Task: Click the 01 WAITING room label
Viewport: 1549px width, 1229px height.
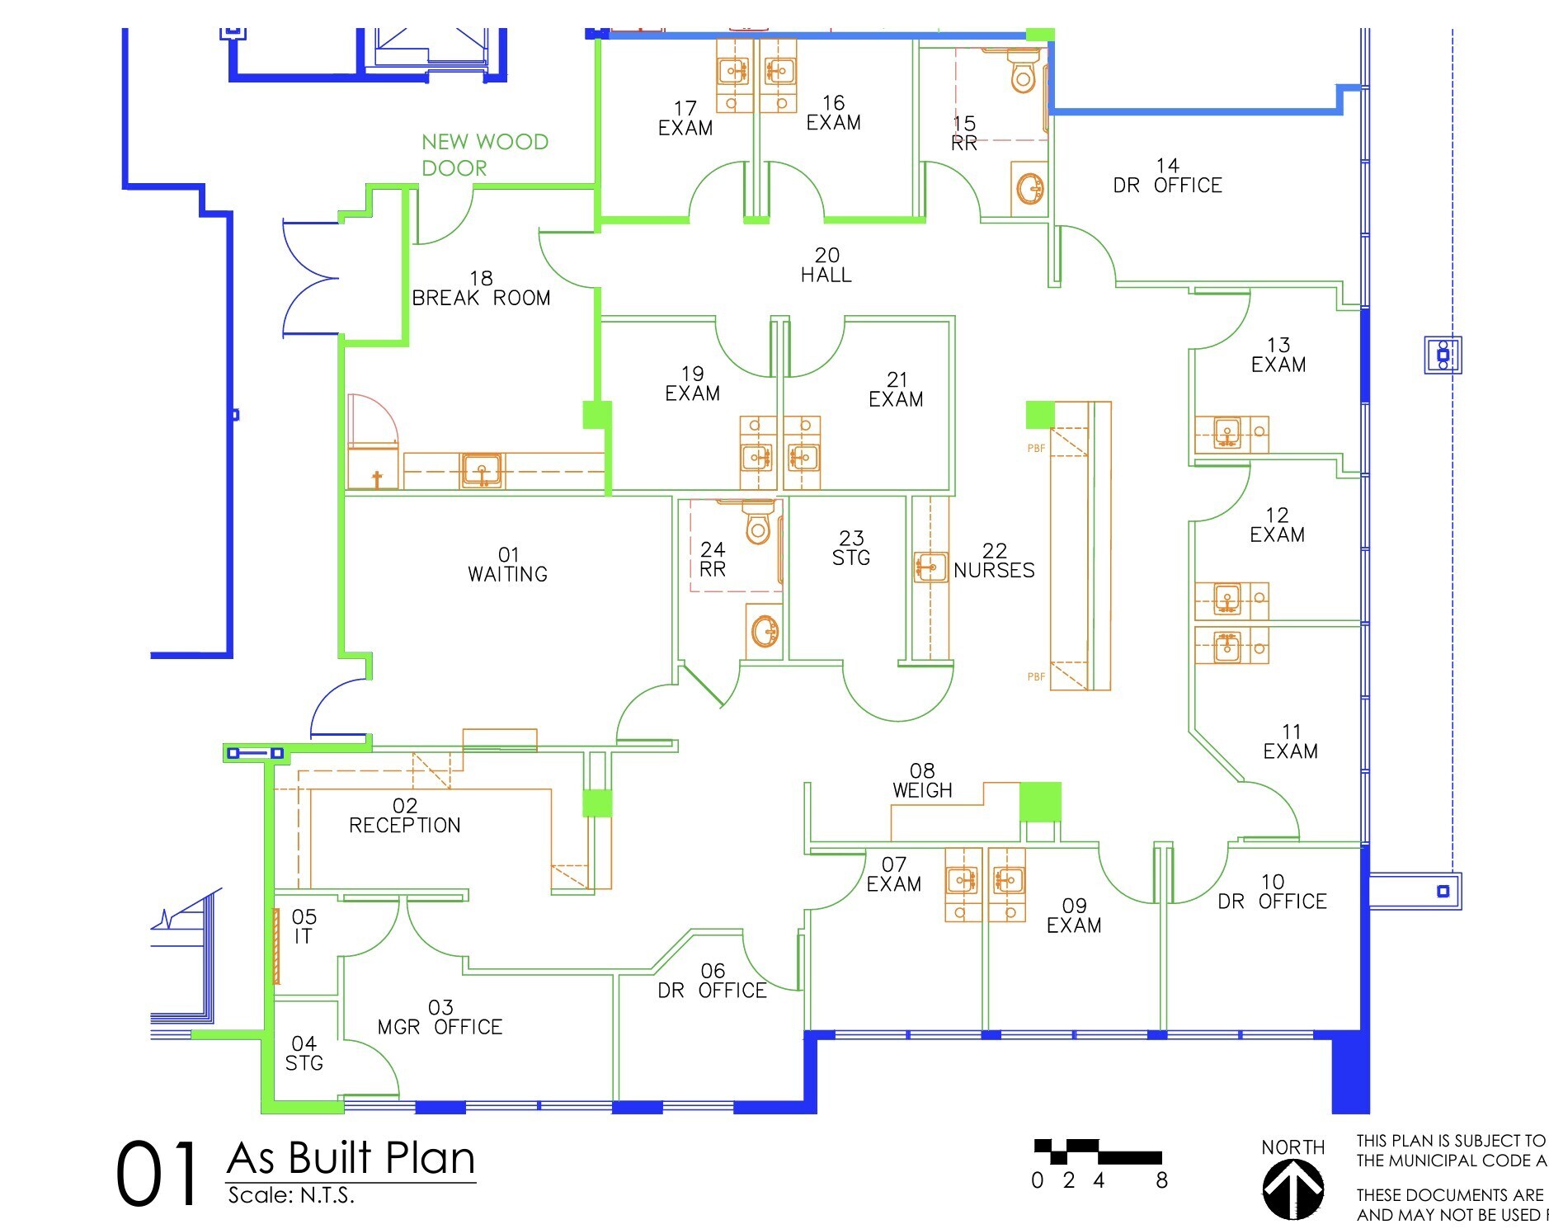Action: click(507, 565)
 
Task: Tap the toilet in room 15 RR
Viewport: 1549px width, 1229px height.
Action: click(1023, 71)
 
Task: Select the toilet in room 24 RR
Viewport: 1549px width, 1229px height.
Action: click(758, 522)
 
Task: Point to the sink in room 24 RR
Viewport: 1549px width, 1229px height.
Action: click(765, 632)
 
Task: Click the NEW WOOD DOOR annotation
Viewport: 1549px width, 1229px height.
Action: click(484, 155)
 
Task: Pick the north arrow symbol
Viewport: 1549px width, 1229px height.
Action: click(1292, 1189)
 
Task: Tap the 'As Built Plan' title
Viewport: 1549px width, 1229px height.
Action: click(351, 1158)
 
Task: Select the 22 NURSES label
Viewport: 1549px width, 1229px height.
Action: click(994, 561)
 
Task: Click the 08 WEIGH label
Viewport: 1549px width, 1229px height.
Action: click(922, 781)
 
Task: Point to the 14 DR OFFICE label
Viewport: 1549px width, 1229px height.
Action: click(1167, 176)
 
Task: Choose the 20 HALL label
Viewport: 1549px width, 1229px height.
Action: click(826, 266)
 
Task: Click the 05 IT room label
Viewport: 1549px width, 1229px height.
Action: click(304, 926)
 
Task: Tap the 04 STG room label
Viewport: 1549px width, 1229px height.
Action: click(304, 1053)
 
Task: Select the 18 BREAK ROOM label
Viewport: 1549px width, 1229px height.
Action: click(481, 289)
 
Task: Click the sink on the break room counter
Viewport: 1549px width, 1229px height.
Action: click(481, 471)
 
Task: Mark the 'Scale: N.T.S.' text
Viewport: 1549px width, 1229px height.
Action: click(291, 1195)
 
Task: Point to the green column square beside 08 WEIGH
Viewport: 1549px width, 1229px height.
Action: click(1040, 803)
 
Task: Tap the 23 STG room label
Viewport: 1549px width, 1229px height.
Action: click(851, 549)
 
